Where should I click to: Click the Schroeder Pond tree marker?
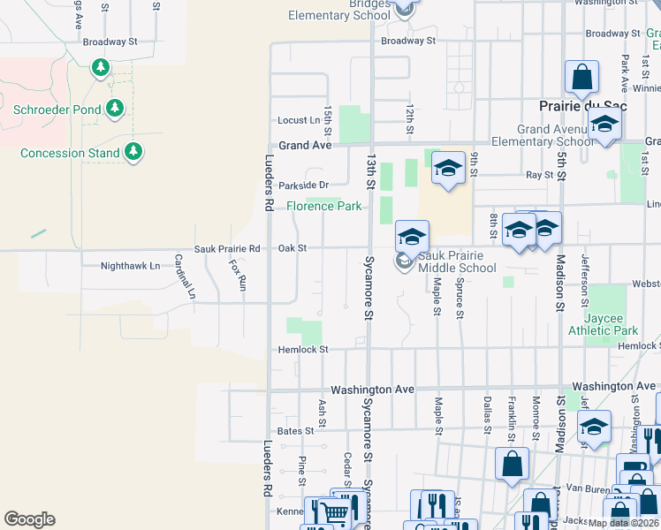[114, 109]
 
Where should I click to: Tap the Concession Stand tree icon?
[133, 152]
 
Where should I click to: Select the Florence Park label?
[324, 206]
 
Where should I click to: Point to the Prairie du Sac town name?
[583, 105]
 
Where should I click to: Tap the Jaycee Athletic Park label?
[611, 324]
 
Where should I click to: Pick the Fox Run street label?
[237, 275]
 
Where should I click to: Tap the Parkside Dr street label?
[303, 185]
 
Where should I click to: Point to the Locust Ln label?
[299, 120]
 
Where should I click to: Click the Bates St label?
[295, 431]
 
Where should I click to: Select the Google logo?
[29, 519]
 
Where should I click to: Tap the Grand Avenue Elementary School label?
[557, 135]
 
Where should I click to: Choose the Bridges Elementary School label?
[339, 11]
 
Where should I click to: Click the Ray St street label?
[539, 175]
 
